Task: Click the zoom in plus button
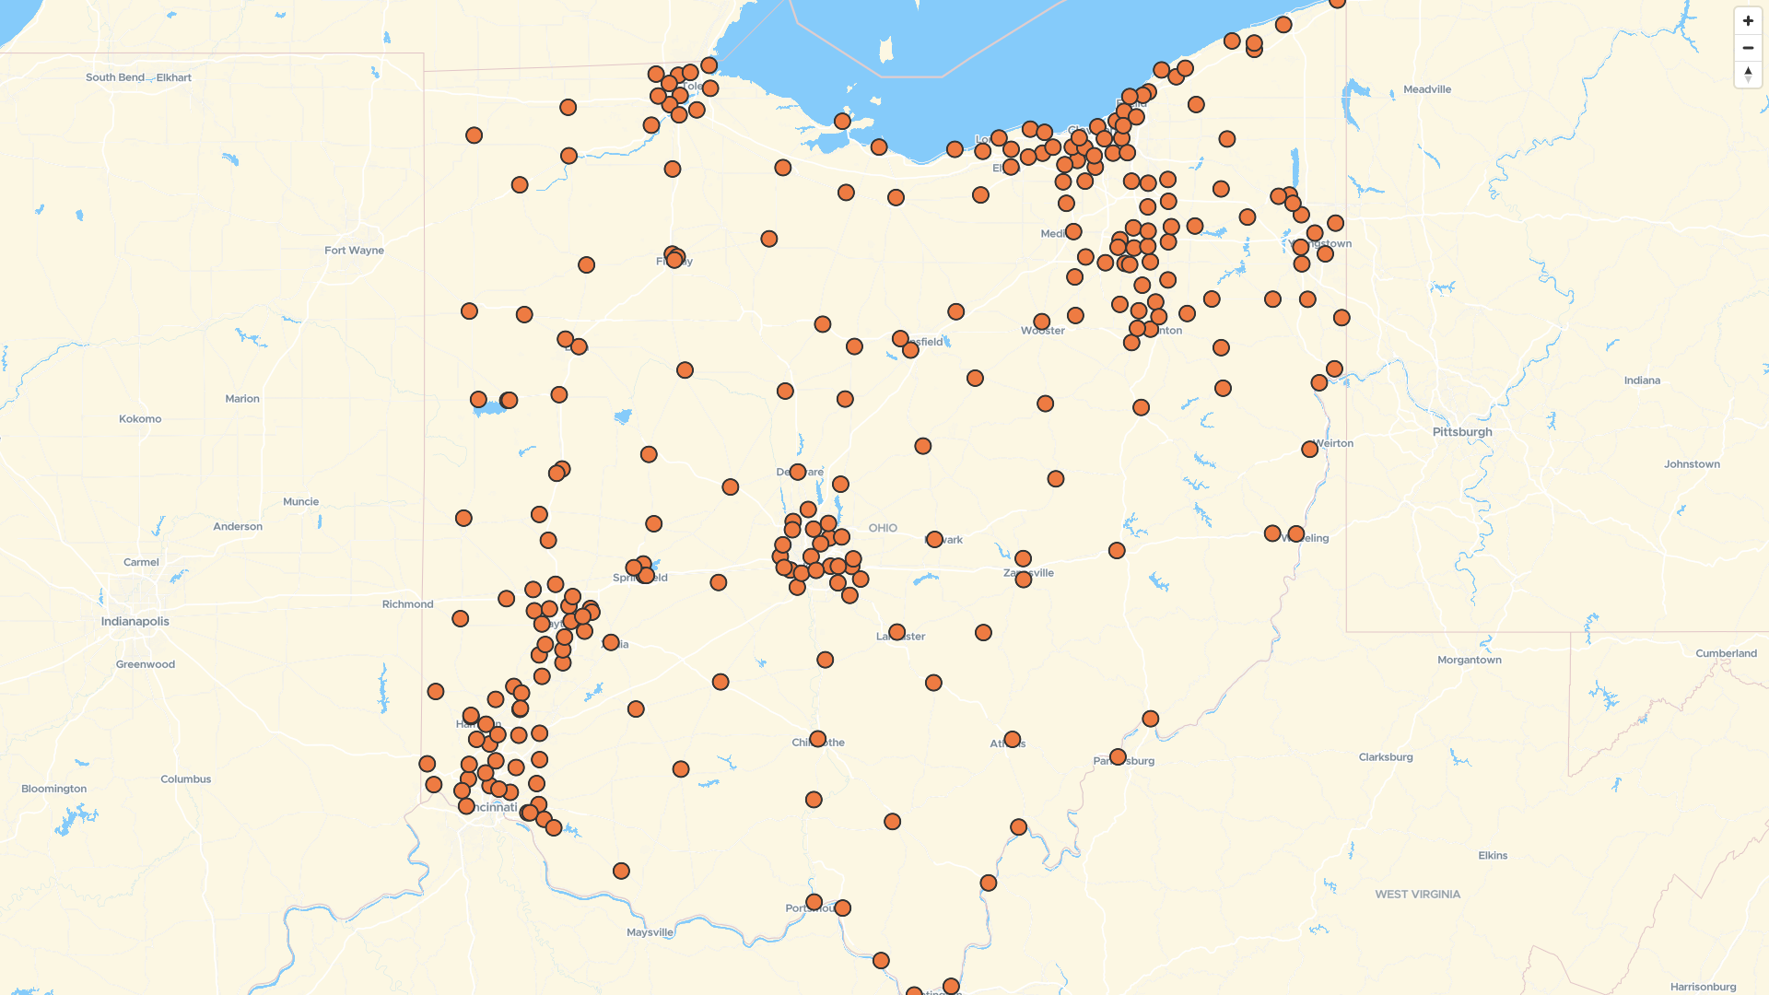point(1748,21)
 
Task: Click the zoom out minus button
point(1748,48)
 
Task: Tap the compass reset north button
point(1748,75)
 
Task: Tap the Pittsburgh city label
point(1462,432)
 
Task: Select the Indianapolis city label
point(135,622)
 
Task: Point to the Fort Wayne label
point(354,251)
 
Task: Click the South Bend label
point(114,77)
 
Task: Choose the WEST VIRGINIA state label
point(1417,895)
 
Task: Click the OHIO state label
point(883,529)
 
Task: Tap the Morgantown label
point(1470,661)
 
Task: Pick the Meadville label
point(1427,90)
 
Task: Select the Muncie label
point(301,502)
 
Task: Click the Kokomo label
point(140,419)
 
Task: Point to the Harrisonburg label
point(1703,988)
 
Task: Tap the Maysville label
point(650,933)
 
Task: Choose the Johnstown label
point(1692,464)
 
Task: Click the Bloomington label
point(54,790)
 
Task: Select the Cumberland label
point(1726,654)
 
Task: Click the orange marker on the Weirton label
point(1309,450)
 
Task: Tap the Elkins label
point(1493,856)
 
